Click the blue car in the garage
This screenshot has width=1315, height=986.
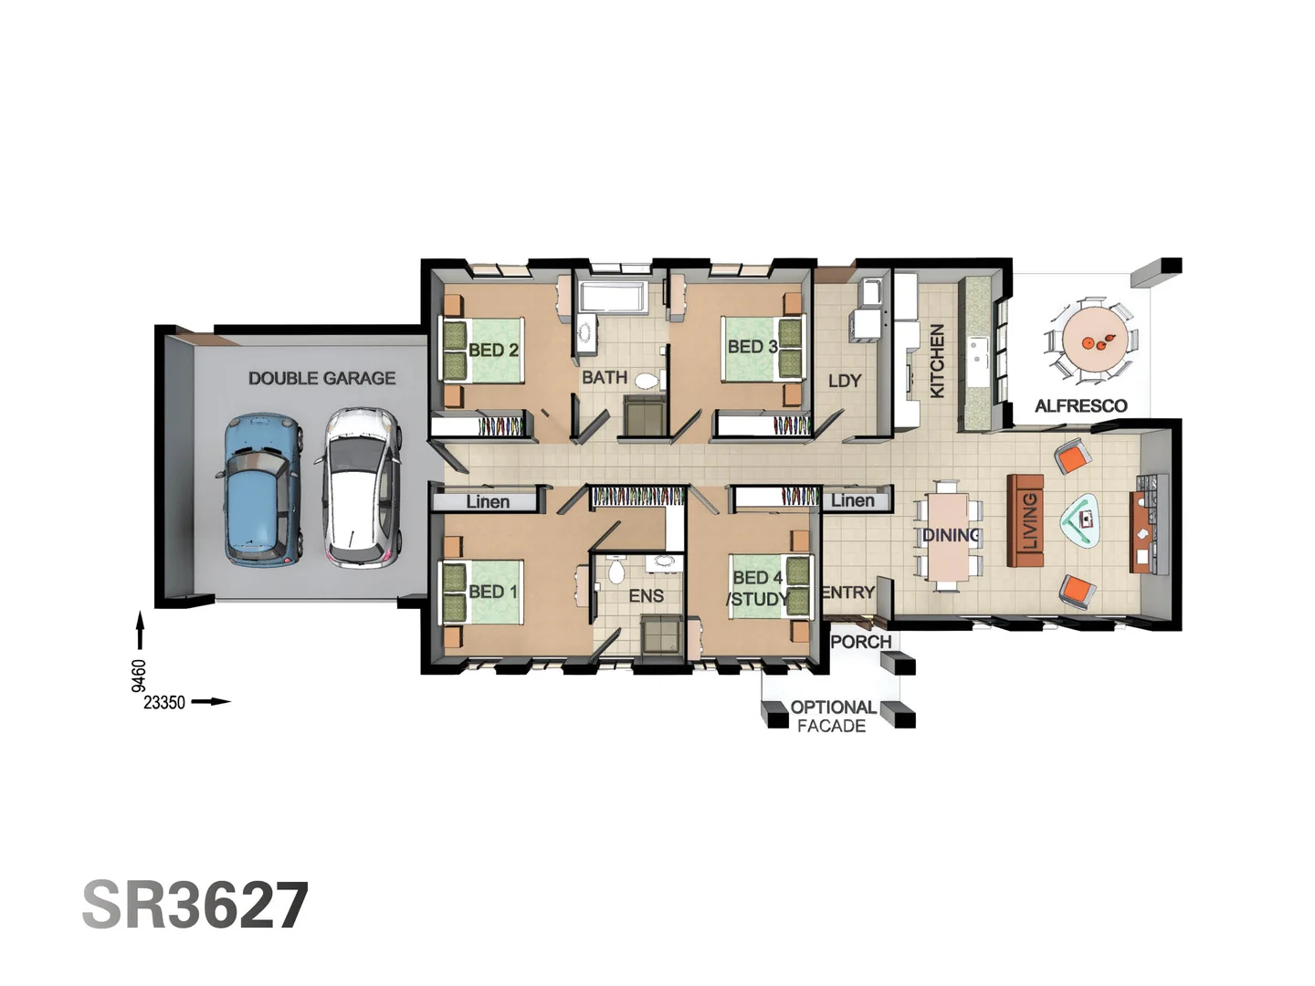263,490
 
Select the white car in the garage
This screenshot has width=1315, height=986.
362,488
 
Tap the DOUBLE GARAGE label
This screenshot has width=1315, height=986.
321,378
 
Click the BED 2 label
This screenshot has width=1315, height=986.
493,350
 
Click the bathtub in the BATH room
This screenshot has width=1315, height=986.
613,297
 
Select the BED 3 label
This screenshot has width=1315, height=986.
752,347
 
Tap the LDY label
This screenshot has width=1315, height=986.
844,381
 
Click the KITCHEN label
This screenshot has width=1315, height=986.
937,362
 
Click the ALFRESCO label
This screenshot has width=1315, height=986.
1080,406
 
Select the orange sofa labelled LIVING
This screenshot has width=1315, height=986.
1026,520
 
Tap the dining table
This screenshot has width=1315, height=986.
948,539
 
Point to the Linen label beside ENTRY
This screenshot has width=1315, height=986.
852,500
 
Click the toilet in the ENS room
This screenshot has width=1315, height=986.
615,572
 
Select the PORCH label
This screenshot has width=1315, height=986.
860,642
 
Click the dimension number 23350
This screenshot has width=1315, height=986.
164,702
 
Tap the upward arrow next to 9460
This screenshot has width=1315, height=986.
140,631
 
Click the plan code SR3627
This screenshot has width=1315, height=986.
195,906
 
